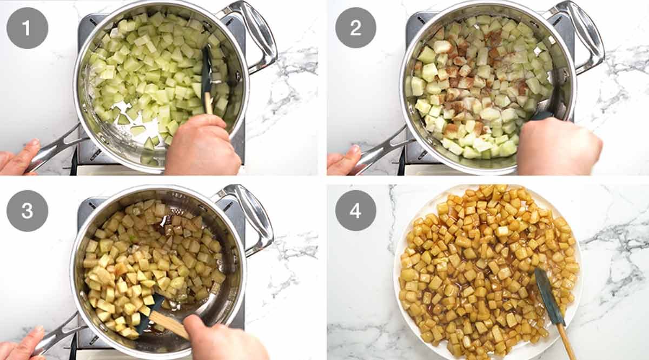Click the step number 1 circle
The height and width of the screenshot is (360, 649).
tap(27, 28)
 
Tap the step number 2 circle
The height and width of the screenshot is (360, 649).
tap(356, 28)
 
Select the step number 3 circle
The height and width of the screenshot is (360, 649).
tap(27, 211)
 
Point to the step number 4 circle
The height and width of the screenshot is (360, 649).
tap(356, 211)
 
